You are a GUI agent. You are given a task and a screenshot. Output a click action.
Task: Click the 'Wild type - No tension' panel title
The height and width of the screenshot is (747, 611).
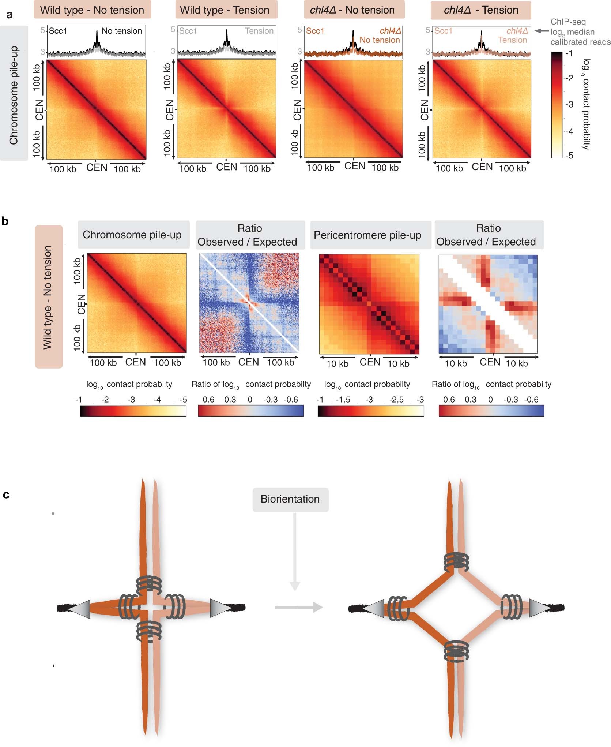[x=92, y=10]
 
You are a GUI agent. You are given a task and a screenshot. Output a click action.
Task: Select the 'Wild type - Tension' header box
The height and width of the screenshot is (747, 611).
[x=225, y=10]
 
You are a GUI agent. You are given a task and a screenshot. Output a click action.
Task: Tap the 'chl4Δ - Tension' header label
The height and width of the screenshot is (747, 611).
[x=481, y=10]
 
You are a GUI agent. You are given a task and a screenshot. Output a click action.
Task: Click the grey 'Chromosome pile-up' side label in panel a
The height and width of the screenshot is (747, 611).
[x=14, y=94]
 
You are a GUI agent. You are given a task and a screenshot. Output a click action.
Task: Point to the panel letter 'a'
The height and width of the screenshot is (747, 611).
[x=10, y=15]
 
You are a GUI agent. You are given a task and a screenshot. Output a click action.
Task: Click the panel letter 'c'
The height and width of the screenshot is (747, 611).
[x=6, y=495]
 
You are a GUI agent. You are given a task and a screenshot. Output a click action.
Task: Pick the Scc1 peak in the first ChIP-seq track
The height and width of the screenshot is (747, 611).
[x=97, y=37]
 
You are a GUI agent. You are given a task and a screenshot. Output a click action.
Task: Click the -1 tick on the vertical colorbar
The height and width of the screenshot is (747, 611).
[x=569, y=53]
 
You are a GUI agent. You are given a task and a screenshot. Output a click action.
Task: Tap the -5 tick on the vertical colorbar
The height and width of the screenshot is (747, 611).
[x=569, y=156]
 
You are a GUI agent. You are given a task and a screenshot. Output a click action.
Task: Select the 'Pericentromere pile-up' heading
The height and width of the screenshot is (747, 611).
[x=367, y=235]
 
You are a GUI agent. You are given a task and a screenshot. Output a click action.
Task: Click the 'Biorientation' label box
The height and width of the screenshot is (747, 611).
[x=290, y=499]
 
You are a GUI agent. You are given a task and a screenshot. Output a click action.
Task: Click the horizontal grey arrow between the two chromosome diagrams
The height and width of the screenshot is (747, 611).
[x=298, y=608]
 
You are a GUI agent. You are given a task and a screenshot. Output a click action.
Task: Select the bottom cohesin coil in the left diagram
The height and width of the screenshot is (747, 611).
[x=148, y=631]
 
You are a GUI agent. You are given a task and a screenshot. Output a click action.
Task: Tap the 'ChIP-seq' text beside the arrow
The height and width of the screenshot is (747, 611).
[x=568, y=22]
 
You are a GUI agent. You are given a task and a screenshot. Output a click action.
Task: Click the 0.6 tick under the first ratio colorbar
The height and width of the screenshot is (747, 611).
[x=208, y=399]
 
